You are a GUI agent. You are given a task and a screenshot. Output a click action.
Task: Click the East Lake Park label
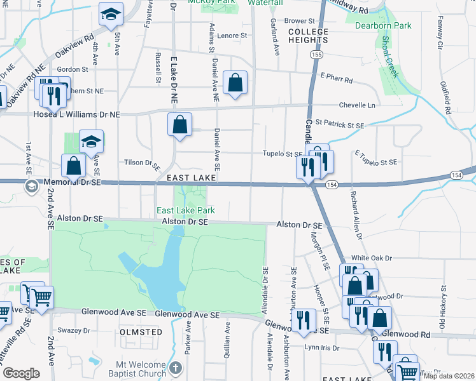186,210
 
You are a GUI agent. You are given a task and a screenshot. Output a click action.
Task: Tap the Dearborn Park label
383,26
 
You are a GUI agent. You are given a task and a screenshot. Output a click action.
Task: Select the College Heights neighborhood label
308,36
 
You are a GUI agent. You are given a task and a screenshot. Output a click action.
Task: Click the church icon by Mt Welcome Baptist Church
176,368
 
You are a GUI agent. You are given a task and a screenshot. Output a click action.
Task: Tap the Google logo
21,373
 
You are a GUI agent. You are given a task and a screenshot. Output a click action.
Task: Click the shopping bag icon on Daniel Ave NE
235,83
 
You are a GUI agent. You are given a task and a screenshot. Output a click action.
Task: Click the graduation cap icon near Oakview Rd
110,15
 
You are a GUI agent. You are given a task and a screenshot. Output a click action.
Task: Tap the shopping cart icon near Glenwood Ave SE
41,297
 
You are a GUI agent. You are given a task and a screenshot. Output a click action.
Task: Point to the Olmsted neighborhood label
141,331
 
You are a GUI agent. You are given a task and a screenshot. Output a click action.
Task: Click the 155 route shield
316,56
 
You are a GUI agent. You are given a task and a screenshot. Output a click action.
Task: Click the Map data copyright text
449,376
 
